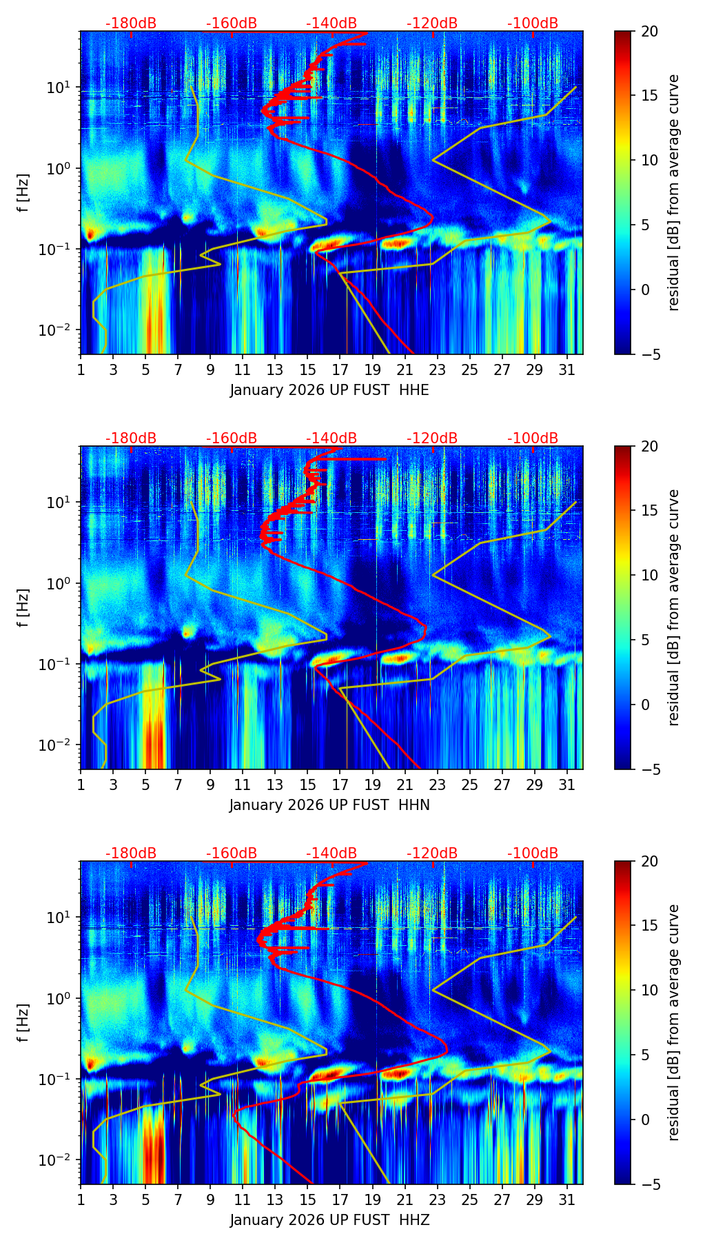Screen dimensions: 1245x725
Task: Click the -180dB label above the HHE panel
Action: tap(131, 23)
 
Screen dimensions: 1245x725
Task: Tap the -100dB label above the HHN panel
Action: tap(533, 438)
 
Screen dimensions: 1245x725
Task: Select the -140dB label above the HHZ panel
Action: tap(331, 853)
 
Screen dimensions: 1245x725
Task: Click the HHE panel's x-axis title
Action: tap(329, 390)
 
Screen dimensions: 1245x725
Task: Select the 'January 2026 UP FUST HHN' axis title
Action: tap(329, 805)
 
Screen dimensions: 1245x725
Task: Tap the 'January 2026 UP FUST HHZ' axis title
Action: tap(329, 1220)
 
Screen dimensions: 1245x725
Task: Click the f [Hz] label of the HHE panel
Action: tap(23, 192)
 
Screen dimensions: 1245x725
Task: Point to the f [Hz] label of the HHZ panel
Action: tap(23, 1022)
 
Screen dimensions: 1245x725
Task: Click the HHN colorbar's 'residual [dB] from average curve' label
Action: tap(673, 607)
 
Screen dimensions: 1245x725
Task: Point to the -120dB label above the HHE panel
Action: tap(432, 23)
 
